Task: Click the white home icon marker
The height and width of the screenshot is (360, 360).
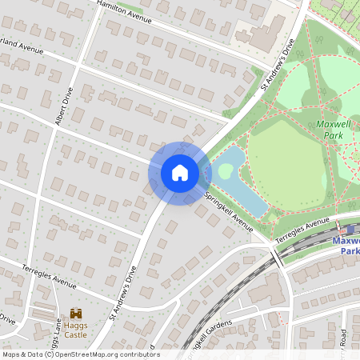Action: [180, 173]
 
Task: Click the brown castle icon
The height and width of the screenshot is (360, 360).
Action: [77, 313]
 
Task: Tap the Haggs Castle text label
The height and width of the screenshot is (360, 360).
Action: [77, 330]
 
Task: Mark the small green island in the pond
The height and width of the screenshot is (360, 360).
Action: [226, 170]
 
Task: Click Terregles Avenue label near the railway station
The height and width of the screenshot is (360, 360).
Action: [302, 230]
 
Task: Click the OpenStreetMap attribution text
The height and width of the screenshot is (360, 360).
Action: [80, 354]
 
